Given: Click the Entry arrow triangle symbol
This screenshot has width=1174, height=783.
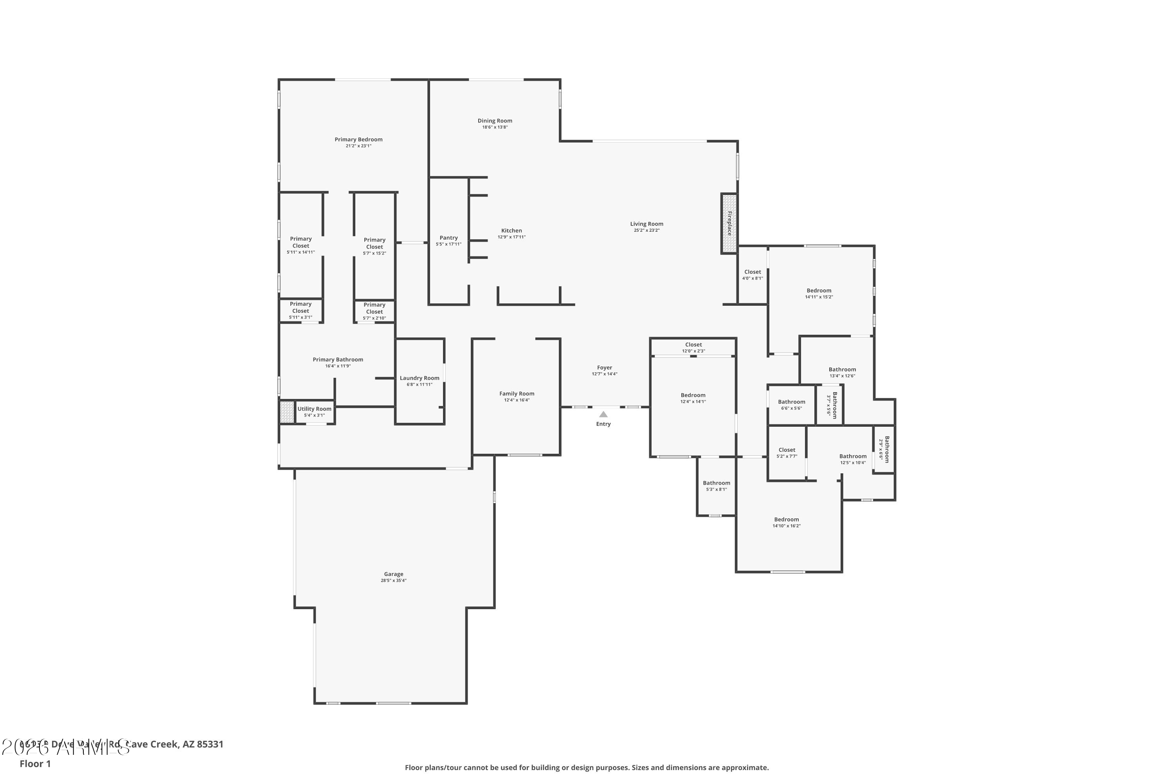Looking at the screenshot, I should [603, 414].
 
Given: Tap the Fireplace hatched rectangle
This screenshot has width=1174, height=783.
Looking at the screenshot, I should [729, 223].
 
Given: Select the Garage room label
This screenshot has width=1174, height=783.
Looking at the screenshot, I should [393, 574].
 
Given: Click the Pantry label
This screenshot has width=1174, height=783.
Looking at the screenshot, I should [448, 238].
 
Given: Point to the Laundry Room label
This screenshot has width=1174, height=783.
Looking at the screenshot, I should [419, 378].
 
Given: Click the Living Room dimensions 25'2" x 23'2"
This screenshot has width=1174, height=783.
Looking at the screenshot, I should [646, 231].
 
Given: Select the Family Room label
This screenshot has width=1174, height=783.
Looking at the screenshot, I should [517, 394].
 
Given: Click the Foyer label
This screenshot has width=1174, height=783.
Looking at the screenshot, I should [605, 368].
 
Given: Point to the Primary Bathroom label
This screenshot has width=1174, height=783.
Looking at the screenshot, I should [338, 359].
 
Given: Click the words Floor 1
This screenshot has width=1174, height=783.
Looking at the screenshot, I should [35, 763].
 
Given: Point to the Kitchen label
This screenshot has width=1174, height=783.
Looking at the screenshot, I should [511, 231].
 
